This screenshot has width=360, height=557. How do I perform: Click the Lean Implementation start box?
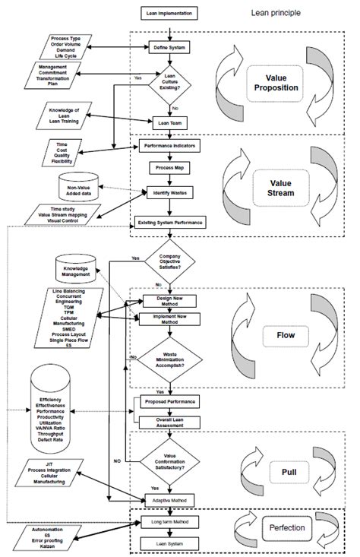tap(170, 14)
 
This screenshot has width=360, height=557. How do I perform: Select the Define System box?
tap(170, 48)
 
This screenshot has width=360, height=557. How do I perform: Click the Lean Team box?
tap(170, 122)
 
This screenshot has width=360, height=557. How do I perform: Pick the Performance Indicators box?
tap(170, 144)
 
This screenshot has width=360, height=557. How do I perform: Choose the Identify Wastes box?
tap(170, 193)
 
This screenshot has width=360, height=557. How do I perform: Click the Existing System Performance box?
tap(170, 222)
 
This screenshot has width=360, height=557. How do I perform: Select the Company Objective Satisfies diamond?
tap(170, 264)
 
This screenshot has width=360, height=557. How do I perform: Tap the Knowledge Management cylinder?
tap(78, 268)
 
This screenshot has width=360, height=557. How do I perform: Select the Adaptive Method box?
tap(170, 500)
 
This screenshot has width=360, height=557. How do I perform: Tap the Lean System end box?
tap(170, 545)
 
